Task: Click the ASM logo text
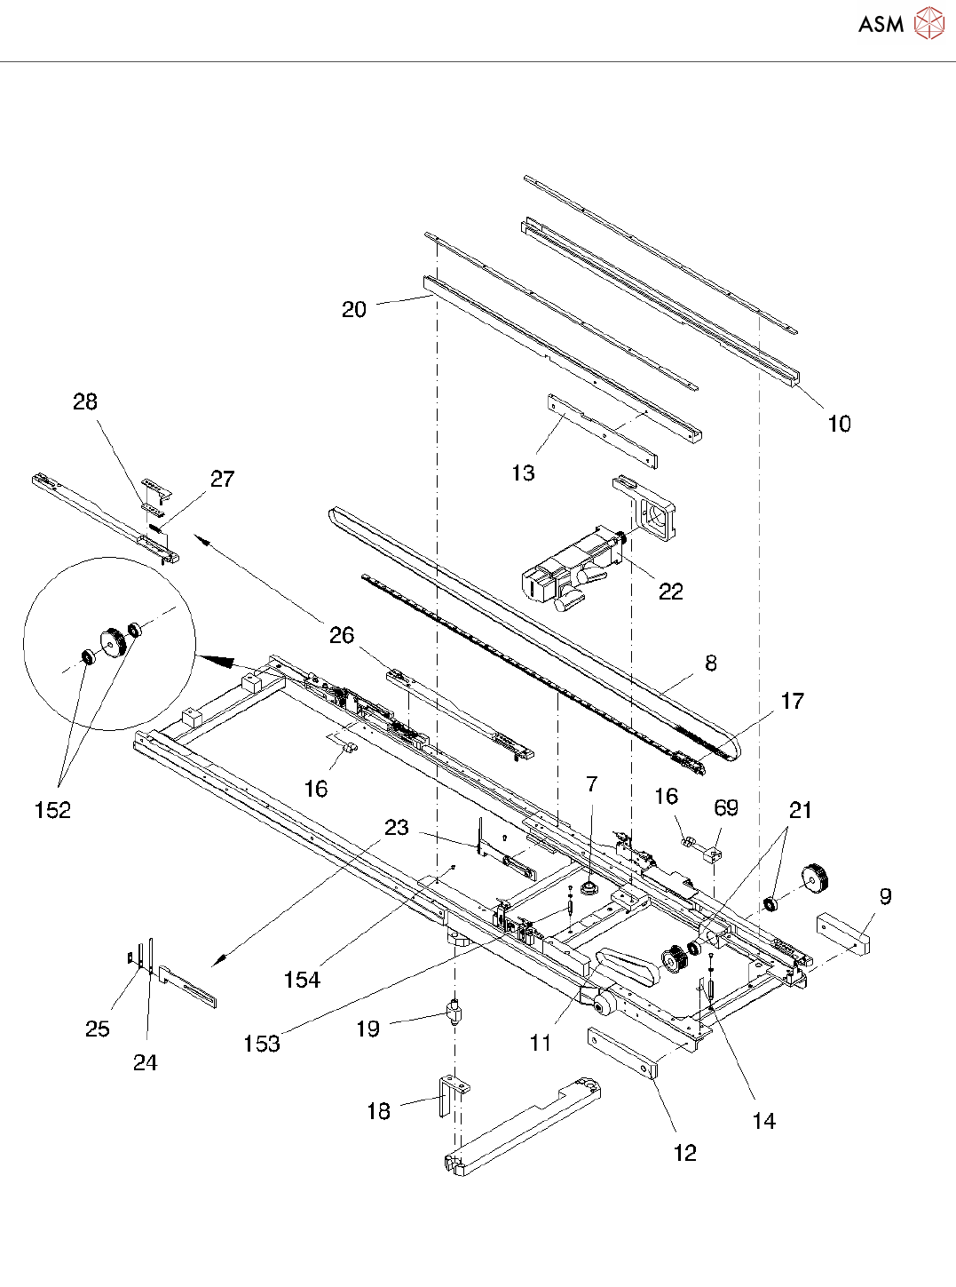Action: click(881, 24)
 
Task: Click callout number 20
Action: click(354, 309)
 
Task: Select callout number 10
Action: click(840, 424)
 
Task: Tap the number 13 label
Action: click(523, 473)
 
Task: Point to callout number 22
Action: click(670, 592)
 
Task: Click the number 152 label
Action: click(52, 809)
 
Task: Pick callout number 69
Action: click(726, 807)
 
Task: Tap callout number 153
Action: click(262, 1043)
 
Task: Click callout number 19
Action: click(367, 1029)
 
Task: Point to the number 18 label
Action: click(379, 1111)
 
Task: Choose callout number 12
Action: click(684, 1153)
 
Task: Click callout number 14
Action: click(764, 1121)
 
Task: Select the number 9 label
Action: click(885, 896)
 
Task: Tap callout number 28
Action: click(84, 401)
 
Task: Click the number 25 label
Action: click(98, 1029)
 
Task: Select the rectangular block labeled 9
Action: click(843, 933)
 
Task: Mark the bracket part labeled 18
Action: click(453, 1096)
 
